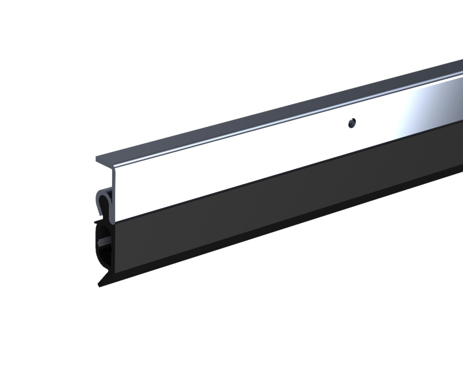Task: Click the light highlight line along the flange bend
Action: point(283,129)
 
